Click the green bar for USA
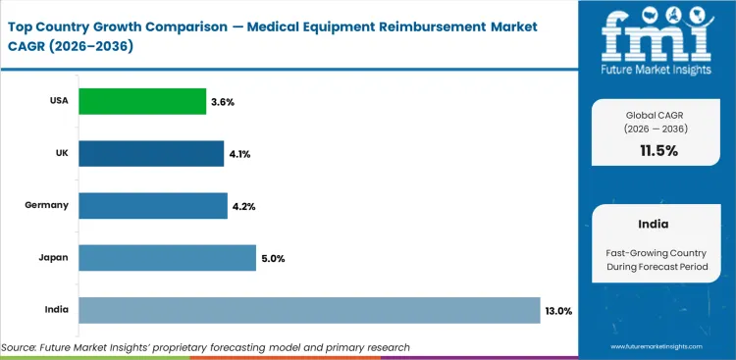click(x=142, y=101)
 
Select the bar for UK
click(x=151, y=153)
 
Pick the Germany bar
click(x=152, y=205)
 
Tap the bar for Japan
click(x=167, y=257)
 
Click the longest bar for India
click(x=309, y=310)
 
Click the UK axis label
click(x=60, y=153)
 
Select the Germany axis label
click(x=47, y=205)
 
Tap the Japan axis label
click(x=53, y=257)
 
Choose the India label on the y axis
click(x=56, y=310)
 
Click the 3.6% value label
click(x=223, y=101)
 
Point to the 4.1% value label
click(x=240, y=153)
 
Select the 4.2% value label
click(x=244, y=205)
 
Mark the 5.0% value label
click(x=273, y=257)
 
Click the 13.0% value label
click(x=558, y=310)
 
